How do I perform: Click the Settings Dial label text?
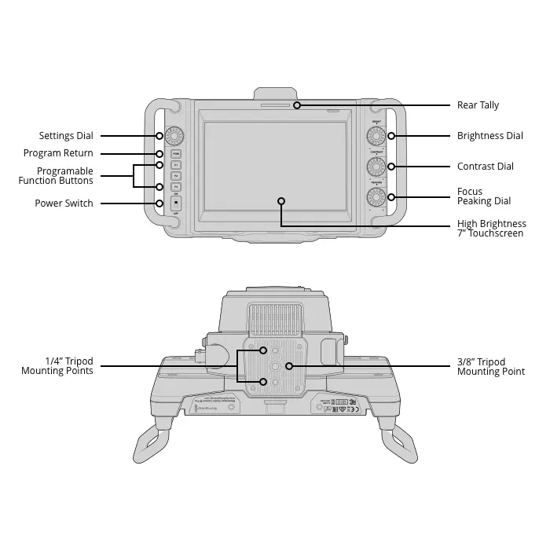tap(66, 136)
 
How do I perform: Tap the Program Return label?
tap(58, 153)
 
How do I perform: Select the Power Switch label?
tap(64, 203)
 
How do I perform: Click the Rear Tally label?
tap(478, 105)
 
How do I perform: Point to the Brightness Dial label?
tap(489, 136)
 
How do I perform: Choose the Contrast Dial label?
tap(485, 167)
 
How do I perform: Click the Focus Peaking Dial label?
tap(483, 196)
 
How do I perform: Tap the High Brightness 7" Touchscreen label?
tap(490, 229)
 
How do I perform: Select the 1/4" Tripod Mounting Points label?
tap(57, 366)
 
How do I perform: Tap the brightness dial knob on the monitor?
tap(376, 137)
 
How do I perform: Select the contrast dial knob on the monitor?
tap(376, 167)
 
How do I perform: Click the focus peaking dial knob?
tap(376, 196)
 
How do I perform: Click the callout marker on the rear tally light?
tap(297, 105)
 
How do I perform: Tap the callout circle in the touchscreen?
tap(280, 200)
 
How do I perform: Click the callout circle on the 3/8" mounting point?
tap(289, 366)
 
